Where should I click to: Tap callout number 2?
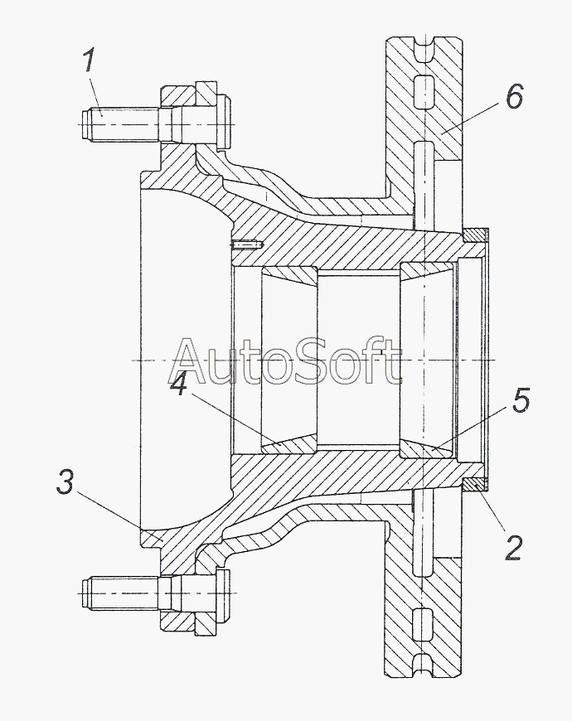click(513, 548)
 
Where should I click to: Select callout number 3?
click(65, 483)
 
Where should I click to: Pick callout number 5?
click(519, 401)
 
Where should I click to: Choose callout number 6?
click(514, 97)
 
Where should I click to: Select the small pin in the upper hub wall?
click(248, 245)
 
